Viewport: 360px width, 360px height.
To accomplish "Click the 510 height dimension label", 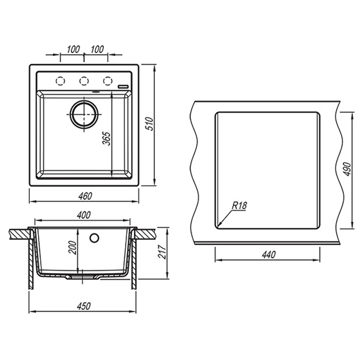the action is tap(149, 124).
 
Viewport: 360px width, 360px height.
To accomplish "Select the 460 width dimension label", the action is tap(85, 196).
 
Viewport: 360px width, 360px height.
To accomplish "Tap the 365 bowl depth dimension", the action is tap(106, 139).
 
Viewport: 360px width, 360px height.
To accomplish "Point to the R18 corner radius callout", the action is tap(240, 206).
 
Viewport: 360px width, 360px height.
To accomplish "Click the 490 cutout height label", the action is tap(347, 169).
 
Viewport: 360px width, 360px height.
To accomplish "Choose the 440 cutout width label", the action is tap(268, 255).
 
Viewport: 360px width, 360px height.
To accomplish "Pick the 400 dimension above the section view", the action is tap(84, 215).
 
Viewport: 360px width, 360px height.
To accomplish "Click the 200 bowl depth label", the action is tap(72, 247).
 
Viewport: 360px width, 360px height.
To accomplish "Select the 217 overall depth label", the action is tap(162, 252).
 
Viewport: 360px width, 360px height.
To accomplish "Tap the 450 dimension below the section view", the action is tap(84, 306).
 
